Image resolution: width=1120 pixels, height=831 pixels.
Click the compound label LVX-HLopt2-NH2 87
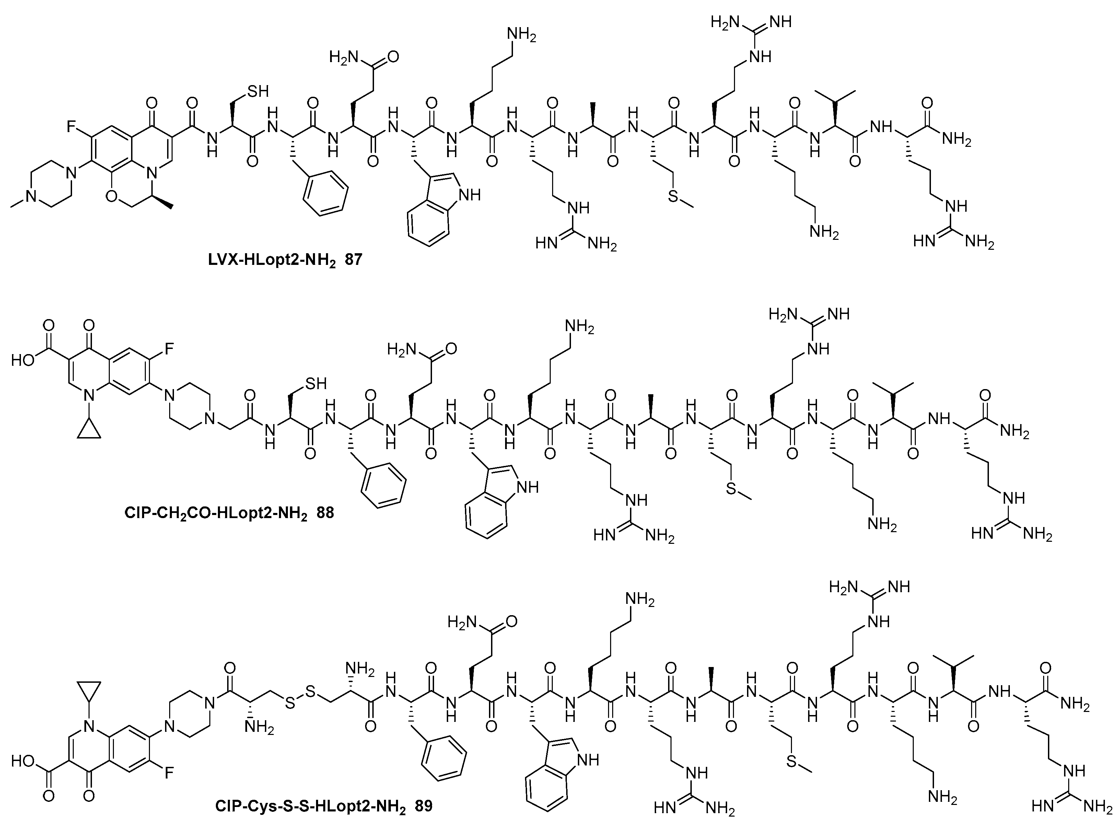285,260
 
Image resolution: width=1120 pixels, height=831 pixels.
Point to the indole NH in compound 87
468,195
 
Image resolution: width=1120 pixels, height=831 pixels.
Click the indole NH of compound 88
527,487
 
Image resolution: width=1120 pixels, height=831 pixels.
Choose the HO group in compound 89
22,761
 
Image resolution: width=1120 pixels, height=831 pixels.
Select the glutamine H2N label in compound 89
461,622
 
